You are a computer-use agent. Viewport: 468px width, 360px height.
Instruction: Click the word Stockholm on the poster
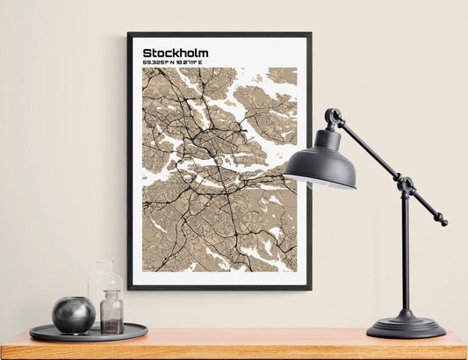[175, 53]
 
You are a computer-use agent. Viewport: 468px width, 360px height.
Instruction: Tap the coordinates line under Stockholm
[177, 62]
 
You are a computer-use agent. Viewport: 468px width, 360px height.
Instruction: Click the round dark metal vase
[73, 314]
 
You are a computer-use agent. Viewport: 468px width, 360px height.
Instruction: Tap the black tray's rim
[88, 337]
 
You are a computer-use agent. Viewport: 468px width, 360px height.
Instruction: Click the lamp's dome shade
[320, 163]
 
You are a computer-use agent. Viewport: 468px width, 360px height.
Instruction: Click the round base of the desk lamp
[406, 328]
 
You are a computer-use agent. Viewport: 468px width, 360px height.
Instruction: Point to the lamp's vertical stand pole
[405, 255]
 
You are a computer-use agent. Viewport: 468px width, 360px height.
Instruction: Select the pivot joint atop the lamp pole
[406, 185]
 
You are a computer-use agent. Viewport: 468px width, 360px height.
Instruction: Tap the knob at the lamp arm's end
[442, 221]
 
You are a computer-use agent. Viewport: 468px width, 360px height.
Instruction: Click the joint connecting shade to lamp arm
[333, 117]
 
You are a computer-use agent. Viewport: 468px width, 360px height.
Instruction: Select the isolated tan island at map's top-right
[283, 76]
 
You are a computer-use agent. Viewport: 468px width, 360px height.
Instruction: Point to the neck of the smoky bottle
[112, 295]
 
